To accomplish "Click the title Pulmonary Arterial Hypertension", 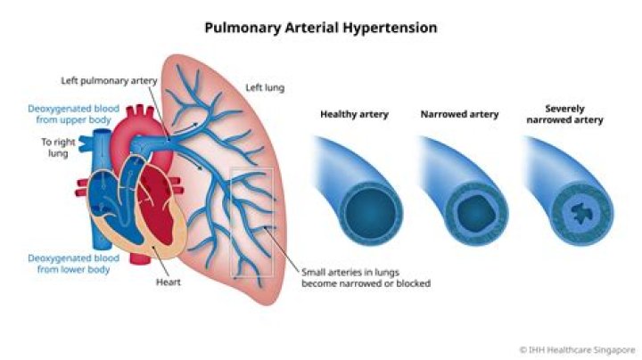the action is tap(321, 28).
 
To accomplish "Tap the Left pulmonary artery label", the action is tap(109, 81).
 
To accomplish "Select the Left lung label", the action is tap(265, 87).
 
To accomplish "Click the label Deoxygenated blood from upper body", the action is tap(74, 114).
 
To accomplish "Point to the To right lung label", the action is tap(58, 148).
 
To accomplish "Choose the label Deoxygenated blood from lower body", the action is tap(74, 264).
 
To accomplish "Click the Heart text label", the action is tap(169, 282).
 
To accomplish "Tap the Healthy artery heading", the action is tap(354, 114).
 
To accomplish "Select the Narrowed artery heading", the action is tap(459, 114).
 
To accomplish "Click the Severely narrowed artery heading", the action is tap(565, 114).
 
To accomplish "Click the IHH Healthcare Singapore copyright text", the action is tap(577, 350).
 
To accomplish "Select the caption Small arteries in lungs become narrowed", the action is tap(366, 278).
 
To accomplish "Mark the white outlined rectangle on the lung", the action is tap(252, 223).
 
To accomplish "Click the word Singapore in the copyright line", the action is tap(615, 350).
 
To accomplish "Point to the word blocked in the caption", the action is tap(413, 283).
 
